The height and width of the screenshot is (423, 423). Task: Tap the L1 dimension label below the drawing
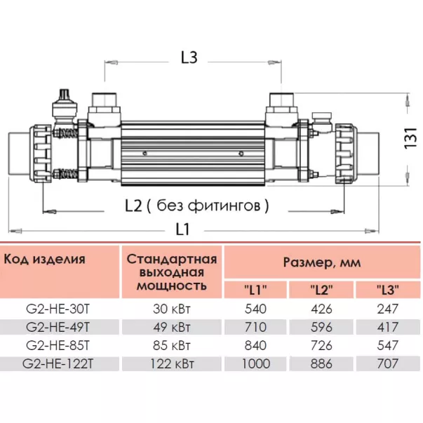pos(184,228)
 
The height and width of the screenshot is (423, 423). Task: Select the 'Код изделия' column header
pos(45,259)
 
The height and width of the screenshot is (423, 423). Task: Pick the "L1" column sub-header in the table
pos(255,290)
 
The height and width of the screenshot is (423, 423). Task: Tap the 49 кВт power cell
pos(172,327)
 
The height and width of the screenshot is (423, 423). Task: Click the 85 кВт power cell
pos(172,345)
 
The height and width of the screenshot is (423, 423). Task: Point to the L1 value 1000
pos(255,363)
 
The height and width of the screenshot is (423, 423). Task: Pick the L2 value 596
pos(321,327)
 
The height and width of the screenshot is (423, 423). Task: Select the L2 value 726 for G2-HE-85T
pos(321,345)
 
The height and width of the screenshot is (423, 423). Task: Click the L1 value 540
pos(255,309)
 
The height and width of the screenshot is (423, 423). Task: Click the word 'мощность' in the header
pos(172,286)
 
